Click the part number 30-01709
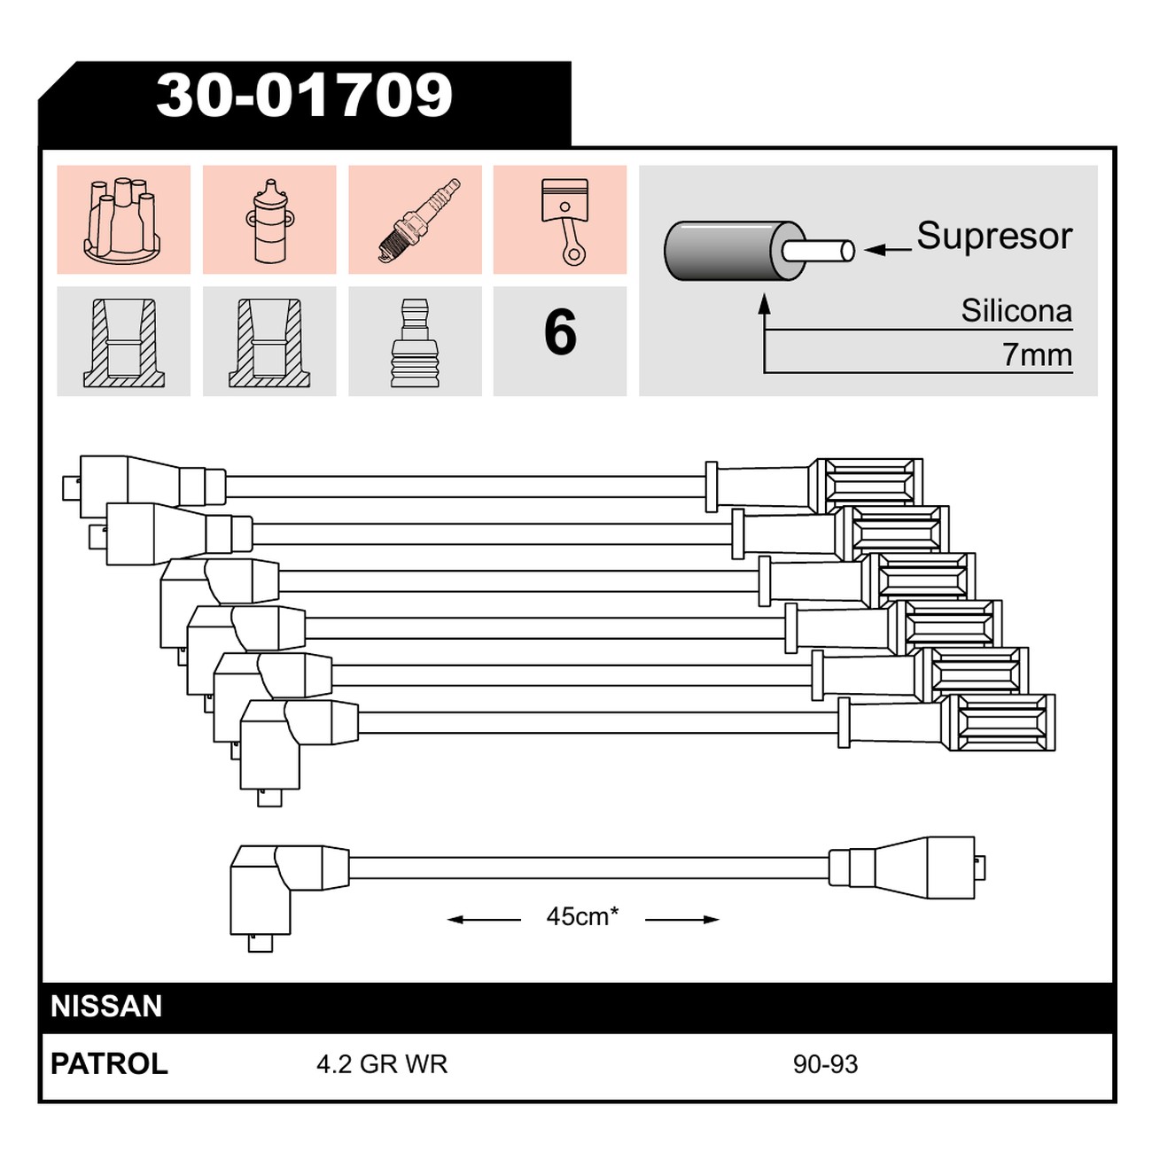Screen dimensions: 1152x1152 click(x=304, y=96)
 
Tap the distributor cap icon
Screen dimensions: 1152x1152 click(x=122, y=220)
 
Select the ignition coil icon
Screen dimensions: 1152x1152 click(x=269, y=221)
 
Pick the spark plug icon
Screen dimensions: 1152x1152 click(x=420, y=220)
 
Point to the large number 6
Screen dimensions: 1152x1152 click(x=560, y=333)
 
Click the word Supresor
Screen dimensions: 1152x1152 click(x=994, y=237)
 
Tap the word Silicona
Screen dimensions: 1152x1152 click(x=1016, y=311)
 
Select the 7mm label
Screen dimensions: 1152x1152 click(x=1037, y=355)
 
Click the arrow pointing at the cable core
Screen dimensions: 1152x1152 click(x=887, y=249)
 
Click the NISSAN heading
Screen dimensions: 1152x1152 click(x=106, y=1006)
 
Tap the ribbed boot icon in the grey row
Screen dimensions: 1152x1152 click(x=415, y=343)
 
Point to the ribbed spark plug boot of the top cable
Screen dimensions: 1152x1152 click(x=868, y=486)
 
